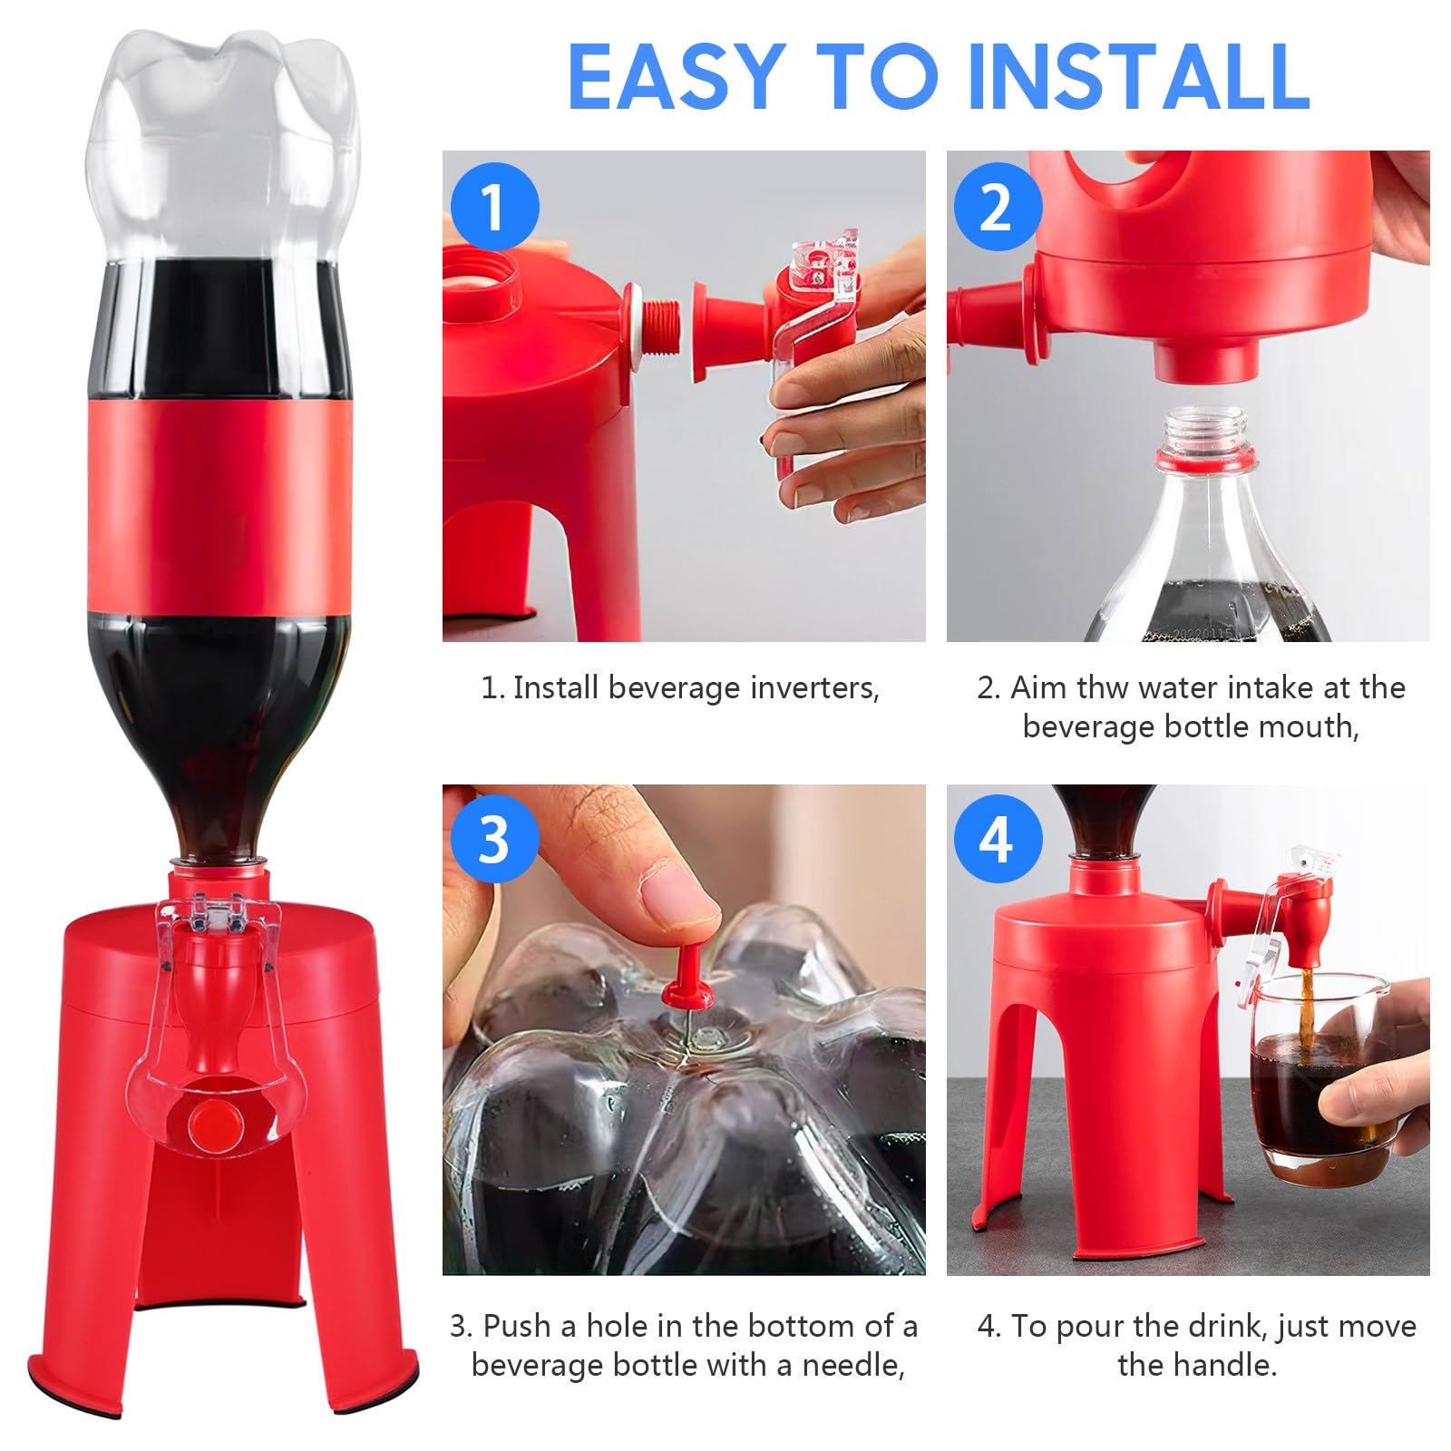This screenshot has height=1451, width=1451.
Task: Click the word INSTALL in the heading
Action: click(1138, 76)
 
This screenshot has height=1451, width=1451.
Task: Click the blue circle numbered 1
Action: click(495, 207)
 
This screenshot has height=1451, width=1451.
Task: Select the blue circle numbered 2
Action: click(998, 207)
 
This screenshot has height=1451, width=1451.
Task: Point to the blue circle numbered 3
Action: click(495, 839)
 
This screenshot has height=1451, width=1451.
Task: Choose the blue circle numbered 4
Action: click(998, 839)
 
